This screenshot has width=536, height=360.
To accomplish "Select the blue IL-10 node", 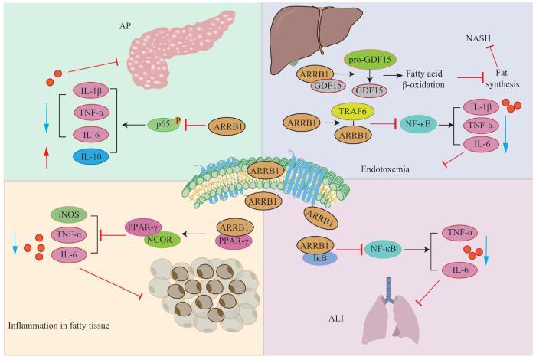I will coord(87,157).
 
